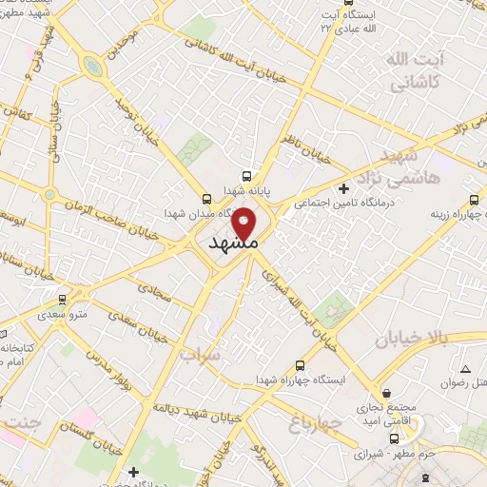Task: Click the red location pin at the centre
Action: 243,223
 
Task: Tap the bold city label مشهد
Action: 232,243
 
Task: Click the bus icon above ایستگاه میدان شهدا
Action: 206,198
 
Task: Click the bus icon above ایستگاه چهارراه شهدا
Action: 301,364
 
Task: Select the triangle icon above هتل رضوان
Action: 465,368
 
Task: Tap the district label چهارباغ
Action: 311,420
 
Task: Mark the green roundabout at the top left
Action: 93,66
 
